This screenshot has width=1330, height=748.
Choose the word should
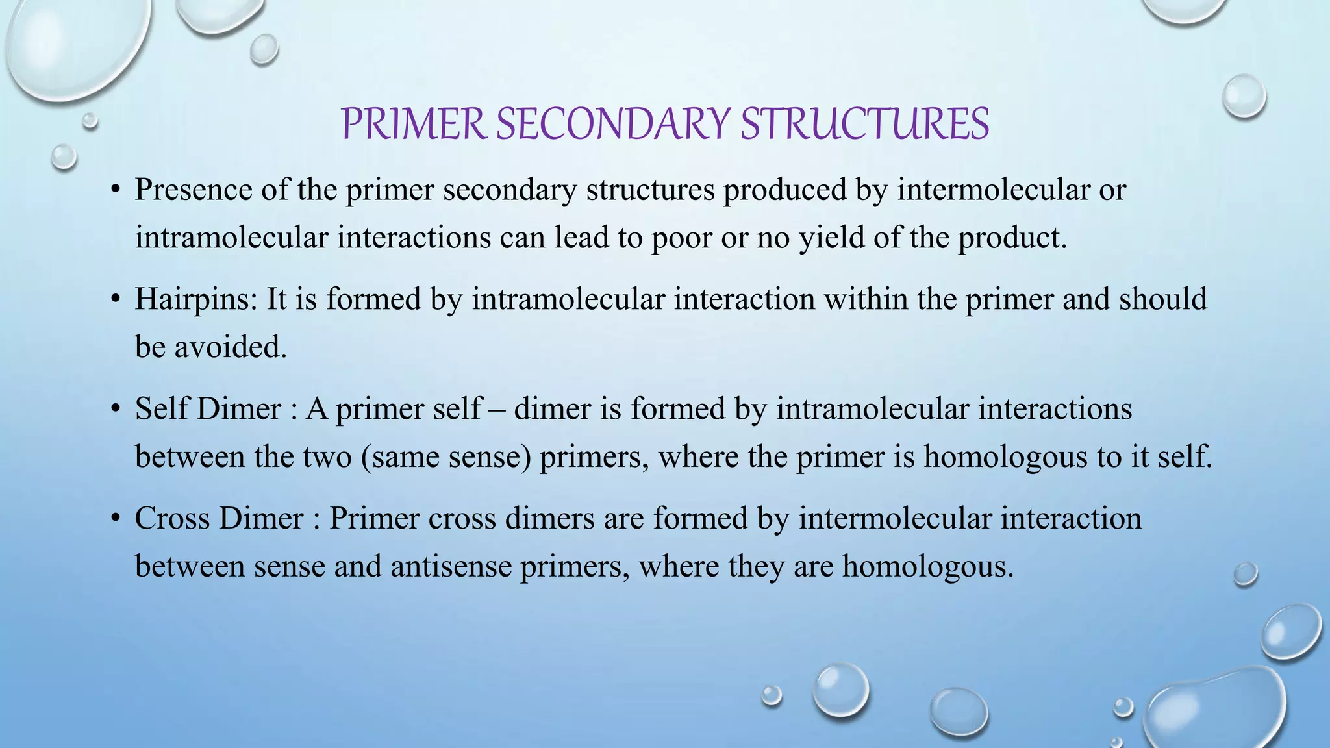pos(1163,299)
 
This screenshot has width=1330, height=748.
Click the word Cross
pos(172,518)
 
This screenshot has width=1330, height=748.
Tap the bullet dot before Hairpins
pos(116,300)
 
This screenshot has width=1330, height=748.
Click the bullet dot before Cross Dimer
pos(116,519)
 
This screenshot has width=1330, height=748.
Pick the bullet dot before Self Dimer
pos(116,409)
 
